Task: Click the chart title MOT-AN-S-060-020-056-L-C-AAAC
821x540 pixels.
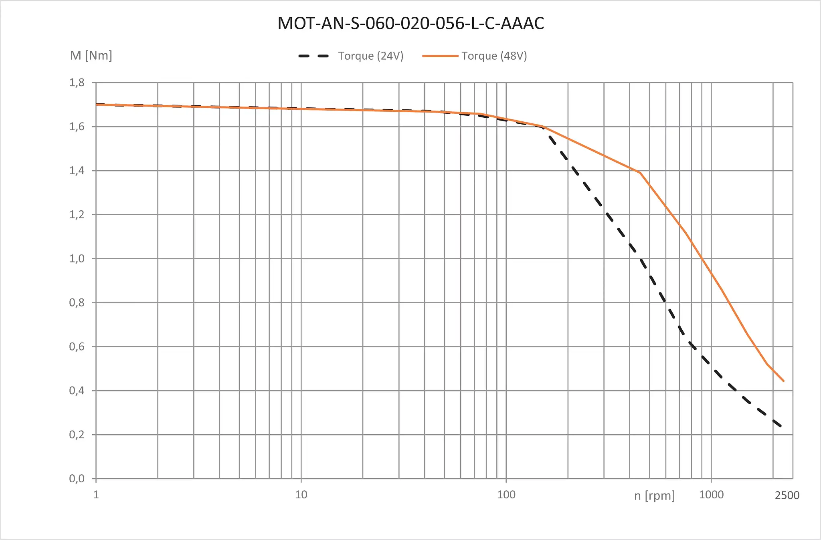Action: [410, 23]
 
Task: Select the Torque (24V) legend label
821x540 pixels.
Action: [370, 56]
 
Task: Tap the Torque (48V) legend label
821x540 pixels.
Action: [494, 56]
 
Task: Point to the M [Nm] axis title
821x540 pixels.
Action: [91, 55]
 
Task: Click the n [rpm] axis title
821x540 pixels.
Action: [654, 496]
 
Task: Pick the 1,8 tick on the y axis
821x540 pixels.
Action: [77, 83]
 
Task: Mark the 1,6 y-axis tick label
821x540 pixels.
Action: [77, 127]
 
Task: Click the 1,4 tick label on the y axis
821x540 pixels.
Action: [77, 171]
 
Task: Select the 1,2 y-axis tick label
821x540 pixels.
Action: [77, 215]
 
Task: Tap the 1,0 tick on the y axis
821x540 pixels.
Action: [77, 259]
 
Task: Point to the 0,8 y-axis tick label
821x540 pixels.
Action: [77, 303]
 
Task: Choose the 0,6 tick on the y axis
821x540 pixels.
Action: [77, 347]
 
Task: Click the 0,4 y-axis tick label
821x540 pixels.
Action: [77, 391]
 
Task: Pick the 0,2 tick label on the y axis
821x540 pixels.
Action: [77, 435]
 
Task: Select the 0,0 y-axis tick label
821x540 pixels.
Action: [77, 479]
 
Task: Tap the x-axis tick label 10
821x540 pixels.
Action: [301, 495]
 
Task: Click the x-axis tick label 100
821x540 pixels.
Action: [506, 495]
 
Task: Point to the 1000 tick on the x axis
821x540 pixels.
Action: [711, 495]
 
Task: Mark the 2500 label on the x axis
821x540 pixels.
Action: [787, 496]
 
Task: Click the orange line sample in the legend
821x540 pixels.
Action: [440, 56]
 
